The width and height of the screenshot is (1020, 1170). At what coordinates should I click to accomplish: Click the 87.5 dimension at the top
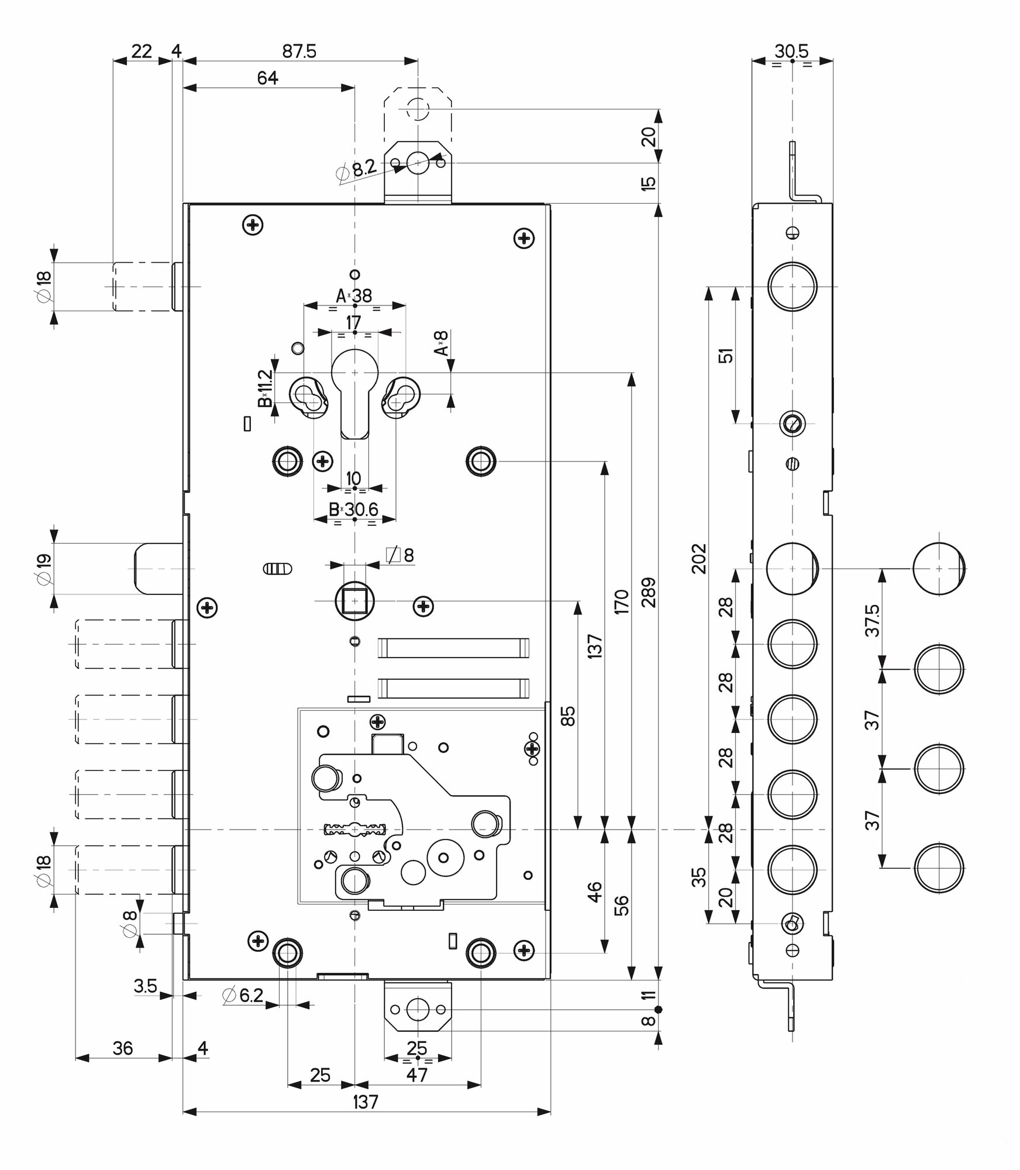point(299,51)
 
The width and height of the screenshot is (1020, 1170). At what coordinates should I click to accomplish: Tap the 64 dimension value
point(267,78)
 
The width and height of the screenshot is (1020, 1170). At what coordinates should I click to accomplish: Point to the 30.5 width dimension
point(791,51)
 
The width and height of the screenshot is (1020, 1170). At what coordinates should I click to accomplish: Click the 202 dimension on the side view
point(699,559)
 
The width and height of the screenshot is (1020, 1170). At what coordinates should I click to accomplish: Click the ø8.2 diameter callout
point(357,170)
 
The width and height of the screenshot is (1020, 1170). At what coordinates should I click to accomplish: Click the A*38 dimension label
point(354,296)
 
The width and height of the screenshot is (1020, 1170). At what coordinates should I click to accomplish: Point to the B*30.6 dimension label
point(353,510)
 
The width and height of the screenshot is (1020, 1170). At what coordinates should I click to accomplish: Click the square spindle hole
point(353,600)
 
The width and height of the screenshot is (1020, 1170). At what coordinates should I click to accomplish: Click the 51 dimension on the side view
point(726,355)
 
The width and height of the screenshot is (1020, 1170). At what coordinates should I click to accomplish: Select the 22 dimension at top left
point(142,51)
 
